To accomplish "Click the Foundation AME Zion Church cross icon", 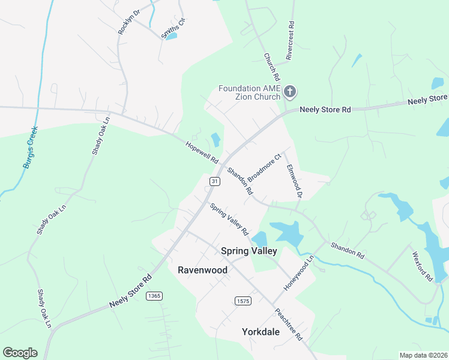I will tap(290, 92).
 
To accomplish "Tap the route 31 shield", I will tap(214, 181).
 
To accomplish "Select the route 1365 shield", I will tap(154, 296).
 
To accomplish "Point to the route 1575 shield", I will tap(242, 300).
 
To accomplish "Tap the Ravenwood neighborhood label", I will tap(203, 270).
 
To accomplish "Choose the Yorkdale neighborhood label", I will tap(261, 331).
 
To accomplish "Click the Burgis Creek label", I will tap(29, 146).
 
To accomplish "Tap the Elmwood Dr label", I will tap(294, 181).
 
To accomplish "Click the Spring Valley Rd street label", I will tap(229, 218).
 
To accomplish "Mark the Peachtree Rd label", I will tap(288, 325).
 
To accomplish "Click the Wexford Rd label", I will tap(422, 266).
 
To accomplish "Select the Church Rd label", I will tap(272, 67).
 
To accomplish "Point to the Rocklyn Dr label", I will tap(128, 22).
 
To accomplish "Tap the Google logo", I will tap(20, 353).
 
